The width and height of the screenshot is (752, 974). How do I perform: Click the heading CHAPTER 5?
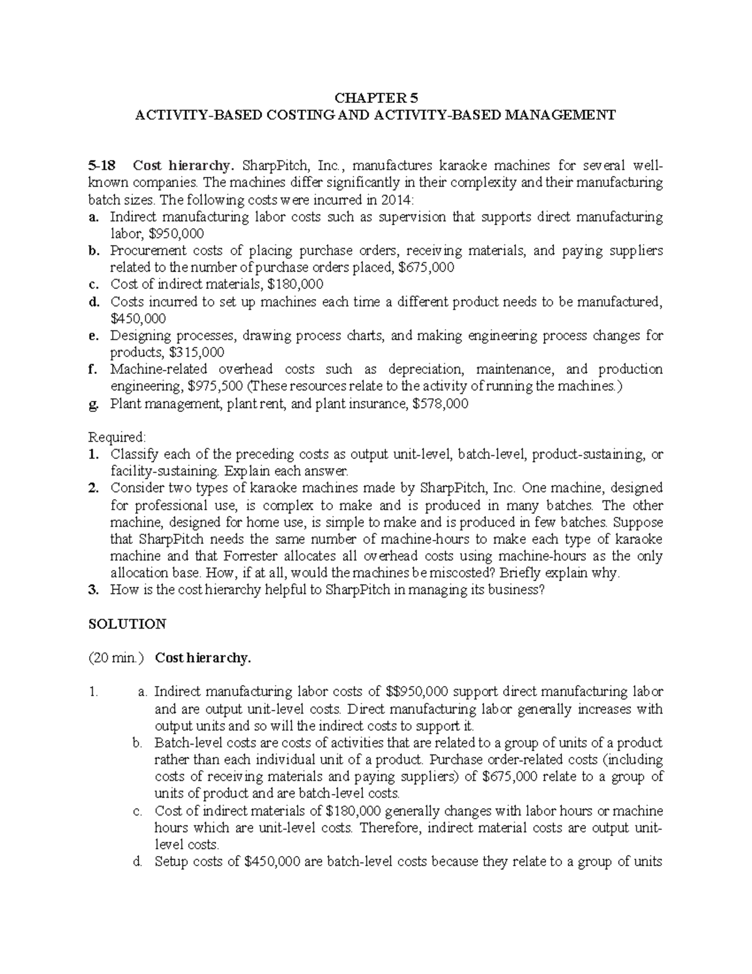(x=375, y=98)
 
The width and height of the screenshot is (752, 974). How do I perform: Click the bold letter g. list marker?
(x=93, y=403)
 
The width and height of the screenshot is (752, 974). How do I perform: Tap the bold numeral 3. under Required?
(x=93, y=590)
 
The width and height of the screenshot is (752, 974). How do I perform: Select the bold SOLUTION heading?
(x=127, y=624)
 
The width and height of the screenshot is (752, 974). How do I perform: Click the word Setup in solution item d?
(x=171, y=861)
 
